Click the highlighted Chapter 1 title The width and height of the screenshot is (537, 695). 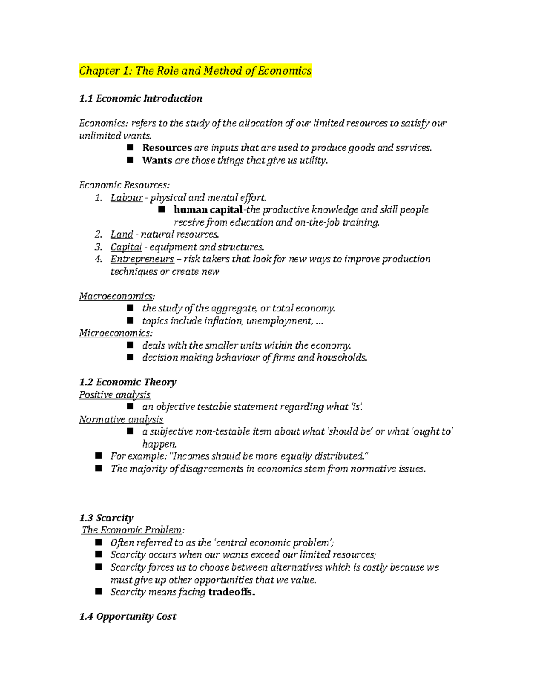(195, 71)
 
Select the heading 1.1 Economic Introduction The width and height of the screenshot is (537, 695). (141, 98)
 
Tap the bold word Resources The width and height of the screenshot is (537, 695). (166, 148)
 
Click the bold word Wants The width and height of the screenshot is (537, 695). (157, 160)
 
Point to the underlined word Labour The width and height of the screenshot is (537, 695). (126, 197)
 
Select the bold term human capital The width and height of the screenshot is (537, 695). (208, 209)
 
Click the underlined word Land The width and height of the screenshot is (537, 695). (122, 234)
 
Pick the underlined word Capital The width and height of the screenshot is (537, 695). (126, 247)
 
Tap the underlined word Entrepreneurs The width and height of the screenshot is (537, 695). (142, 259)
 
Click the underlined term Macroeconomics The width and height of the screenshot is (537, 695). (116, 296)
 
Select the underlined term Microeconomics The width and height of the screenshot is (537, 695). (115, 333)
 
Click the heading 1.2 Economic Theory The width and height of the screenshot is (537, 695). (128, 382)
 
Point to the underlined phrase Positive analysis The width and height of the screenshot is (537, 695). (115, 394)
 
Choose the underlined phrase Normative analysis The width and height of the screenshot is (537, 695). (121, 419)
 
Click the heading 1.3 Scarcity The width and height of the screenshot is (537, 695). (106, 518)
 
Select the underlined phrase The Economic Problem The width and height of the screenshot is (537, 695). (132, 530)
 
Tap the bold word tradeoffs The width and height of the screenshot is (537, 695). (231, 592)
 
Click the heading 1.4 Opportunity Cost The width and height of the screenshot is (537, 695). (128, 616)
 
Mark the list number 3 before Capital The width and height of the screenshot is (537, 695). (98, 247)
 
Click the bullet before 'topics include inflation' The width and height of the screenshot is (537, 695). (130, 320)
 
